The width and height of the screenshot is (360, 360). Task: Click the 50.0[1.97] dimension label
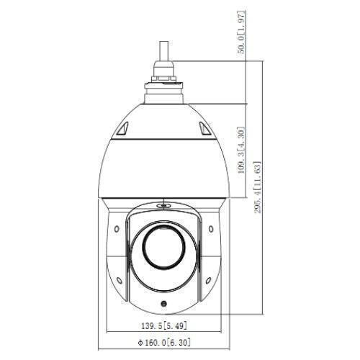(x=241, y=32)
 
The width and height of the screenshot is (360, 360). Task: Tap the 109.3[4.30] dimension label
(x=241, y=150)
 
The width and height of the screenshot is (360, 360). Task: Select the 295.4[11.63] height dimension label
(x=258, y=187)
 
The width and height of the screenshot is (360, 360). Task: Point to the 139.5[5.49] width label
(x=164, y=325)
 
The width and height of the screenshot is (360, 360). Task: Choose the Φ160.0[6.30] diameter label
(x=164, y=342)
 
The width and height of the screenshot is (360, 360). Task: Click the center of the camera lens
(x=164, y=247)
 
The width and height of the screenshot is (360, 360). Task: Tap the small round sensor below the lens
(x=164, y=303)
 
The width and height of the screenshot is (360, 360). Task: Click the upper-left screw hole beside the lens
(x=117, y=229)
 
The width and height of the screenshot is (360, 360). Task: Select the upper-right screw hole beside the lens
(x=211, y=229)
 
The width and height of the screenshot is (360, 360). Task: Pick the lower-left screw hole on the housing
(x=119, y=280)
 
